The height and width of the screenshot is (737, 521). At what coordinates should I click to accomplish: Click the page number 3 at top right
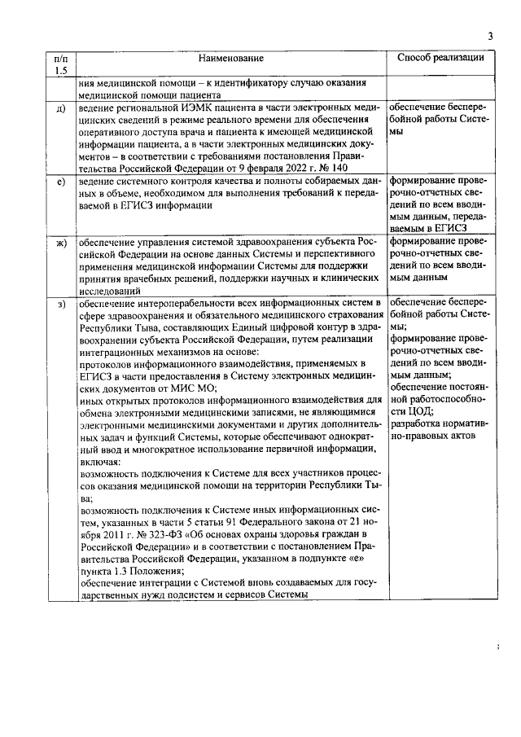491,35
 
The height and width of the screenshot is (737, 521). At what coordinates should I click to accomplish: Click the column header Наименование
235,59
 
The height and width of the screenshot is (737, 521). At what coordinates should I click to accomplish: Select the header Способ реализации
440,59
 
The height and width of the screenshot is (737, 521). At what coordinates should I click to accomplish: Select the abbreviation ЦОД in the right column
417,411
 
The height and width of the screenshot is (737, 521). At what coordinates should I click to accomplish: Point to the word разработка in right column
417,424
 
